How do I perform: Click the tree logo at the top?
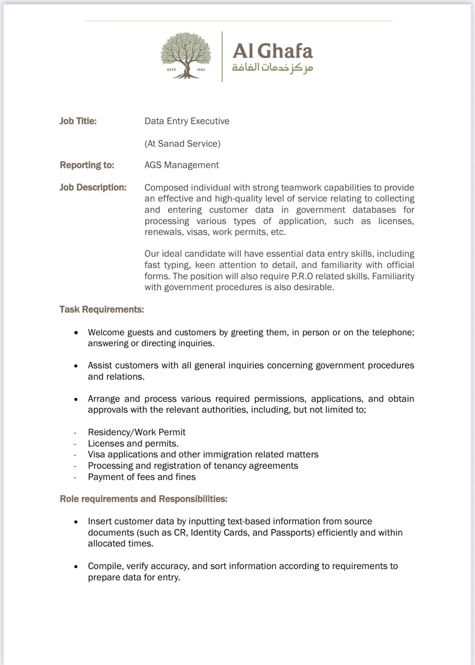186,56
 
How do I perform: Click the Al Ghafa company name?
272,51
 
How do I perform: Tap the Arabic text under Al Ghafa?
272,68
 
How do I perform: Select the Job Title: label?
78,121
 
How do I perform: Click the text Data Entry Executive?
187,121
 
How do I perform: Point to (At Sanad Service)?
183,143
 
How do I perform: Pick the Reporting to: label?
87,165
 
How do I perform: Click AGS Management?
182,165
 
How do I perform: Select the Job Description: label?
93,187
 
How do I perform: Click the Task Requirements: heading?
102,309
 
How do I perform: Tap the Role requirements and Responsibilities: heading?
143,499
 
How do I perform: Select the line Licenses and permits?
133,443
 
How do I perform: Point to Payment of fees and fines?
142,477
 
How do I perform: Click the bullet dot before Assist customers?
76,366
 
